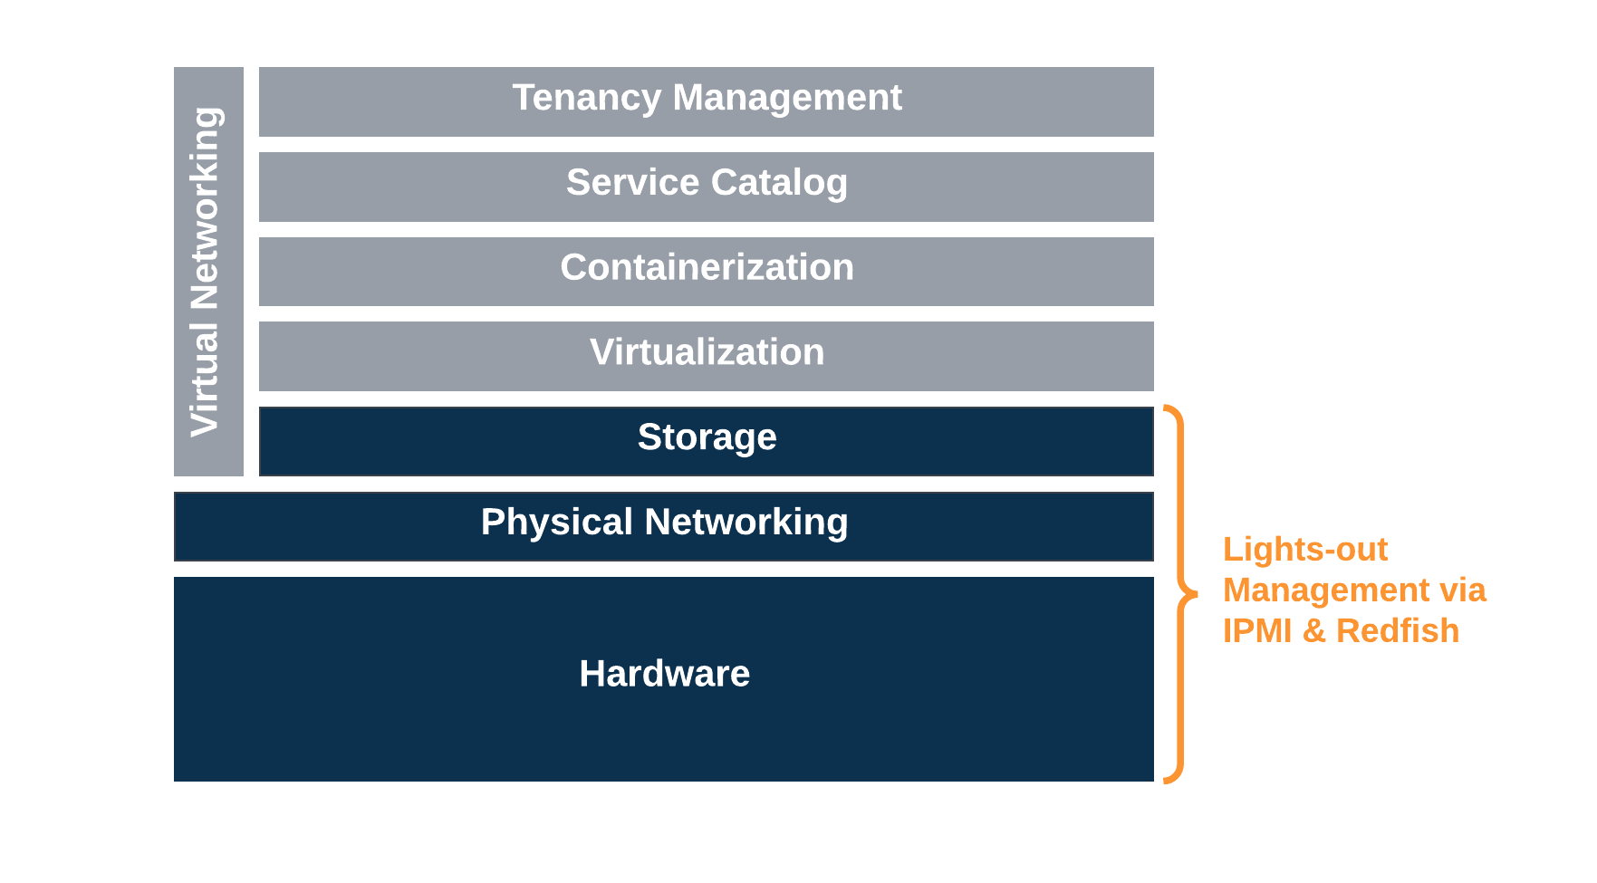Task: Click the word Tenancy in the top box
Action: click(x=586, y=98)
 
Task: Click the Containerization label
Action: click(x=707, y=268)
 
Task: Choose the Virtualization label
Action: click(x=707, y=352)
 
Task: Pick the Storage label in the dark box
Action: click(x=707, y=437)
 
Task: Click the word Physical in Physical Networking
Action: click(x=556, y=523)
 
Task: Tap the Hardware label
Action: click(x=664, y=674)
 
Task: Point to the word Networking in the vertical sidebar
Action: click(x=206, y=208)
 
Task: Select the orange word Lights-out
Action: click(x=1304, y=550)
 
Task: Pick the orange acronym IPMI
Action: click(x=1256, y=631)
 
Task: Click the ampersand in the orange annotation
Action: click(x=1313, y=631)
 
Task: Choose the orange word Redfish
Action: click(x=1397, y=631)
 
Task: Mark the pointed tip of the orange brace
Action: click(x=1195, y=595)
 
